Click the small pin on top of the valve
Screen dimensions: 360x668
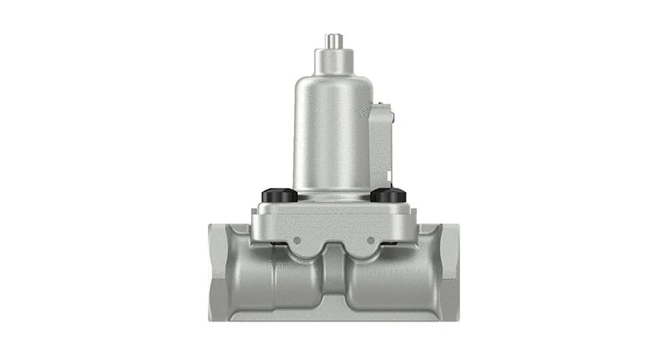[x=333, y=41]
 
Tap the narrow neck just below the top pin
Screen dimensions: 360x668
[x=333, y=60]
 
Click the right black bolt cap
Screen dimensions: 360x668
[x=387, y=195]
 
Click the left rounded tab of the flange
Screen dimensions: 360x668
[x=298, y=246]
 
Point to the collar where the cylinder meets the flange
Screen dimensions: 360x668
[x=331, y=198]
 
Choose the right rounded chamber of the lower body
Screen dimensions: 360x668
[x=380, y=284]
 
